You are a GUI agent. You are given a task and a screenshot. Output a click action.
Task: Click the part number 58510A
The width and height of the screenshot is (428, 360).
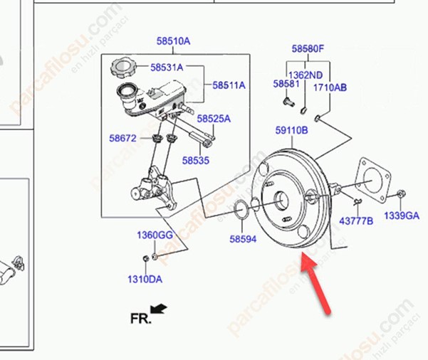pos(174,41)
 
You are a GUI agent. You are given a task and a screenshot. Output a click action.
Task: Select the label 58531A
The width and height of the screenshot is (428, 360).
pos(167,68)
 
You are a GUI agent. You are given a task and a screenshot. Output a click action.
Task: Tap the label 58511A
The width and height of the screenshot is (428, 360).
pos(229,85)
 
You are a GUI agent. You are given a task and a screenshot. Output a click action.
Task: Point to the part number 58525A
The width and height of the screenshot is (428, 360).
pos(214,119)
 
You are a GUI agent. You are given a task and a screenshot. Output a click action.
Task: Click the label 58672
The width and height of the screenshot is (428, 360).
pos(122,138)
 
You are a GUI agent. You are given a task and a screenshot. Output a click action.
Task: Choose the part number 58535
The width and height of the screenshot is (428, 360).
pos(194,161)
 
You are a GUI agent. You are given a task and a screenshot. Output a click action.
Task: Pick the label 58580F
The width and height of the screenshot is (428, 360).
pos(308,49)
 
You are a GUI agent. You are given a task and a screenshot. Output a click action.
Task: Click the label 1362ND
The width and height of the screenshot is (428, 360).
pos(305,74)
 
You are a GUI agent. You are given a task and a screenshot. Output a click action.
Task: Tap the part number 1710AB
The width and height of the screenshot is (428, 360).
pos(330,88)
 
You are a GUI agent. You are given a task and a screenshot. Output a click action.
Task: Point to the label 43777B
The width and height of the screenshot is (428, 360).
pos(356,221)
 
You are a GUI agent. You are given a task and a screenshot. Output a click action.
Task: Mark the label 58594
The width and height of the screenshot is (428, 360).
pos(242,240)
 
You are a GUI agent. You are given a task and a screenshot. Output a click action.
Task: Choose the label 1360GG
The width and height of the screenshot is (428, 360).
pos(155,235)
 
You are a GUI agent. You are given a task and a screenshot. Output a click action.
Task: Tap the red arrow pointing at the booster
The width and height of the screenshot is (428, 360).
pos(318,285)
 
